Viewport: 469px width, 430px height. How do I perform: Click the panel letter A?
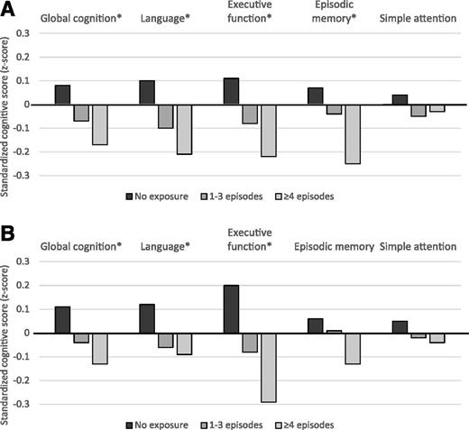9,8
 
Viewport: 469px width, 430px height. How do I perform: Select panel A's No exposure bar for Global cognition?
62,95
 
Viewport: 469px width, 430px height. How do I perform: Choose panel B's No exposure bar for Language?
145,319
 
